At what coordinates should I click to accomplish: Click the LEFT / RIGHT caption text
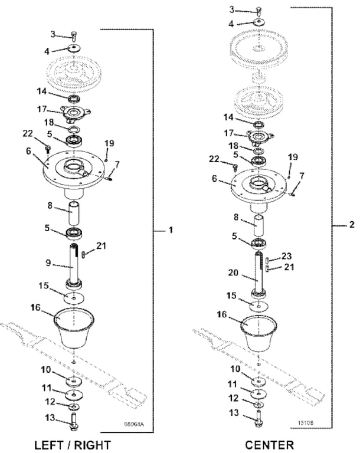coord(73,445)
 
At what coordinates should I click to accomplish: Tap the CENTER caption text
coord(270,445)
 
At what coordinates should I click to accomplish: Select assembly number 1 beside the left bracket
coord(171,230)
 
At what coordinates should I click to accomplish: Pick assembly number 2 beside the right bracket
coord(352,225)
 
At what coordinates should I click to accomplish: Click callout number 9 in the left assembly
coord(48,263)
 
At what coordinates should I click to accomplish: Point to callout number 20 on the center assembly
coord(233,273)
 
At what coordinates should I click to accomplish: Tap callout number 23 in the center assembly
coord(286,256)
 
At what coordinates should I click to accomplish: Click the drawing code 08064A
coord(134,425)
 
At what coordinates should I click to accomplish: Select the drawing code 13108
coord(306,423)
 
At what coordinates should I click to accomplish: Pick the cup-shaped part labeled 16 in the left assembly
coord(74,329)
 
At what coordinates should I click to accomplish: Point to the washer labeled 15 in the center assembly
coord(258,306)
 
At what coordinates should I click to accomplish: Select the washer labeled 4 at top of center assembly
coord(259,22)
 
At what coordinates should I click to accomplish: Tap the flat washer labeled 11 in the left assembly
coord(74,395)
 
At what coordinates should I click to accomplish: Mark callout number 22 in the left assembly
coord(28,134)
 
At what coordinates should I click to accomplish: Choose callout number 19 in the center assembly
coord(293,157)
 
